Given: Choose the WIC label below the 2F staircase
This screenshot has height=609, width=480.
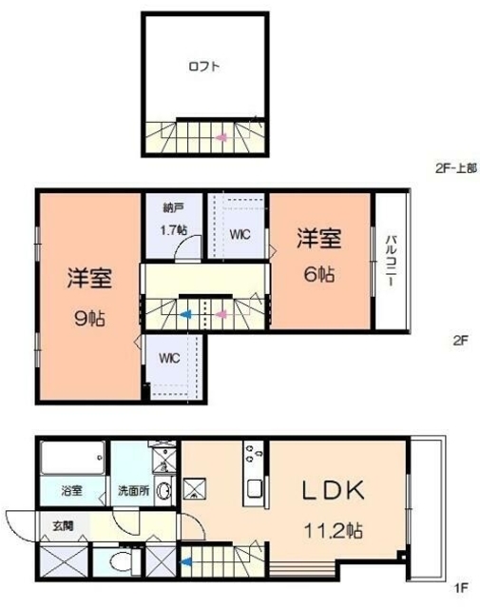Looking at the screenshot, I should coord(169,359).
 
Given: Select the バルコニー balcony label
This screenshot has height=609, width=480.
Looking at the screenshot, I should coord(390,257).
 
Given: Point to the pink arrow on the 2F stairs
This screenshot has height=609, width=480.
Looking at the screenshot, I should coord(221,312).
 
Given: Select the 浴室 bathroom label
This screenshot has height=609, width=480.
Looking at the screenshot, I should coord(73,492).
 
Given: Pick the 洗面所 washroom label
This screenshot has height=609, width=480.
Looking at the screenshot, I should coord(131,492).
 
